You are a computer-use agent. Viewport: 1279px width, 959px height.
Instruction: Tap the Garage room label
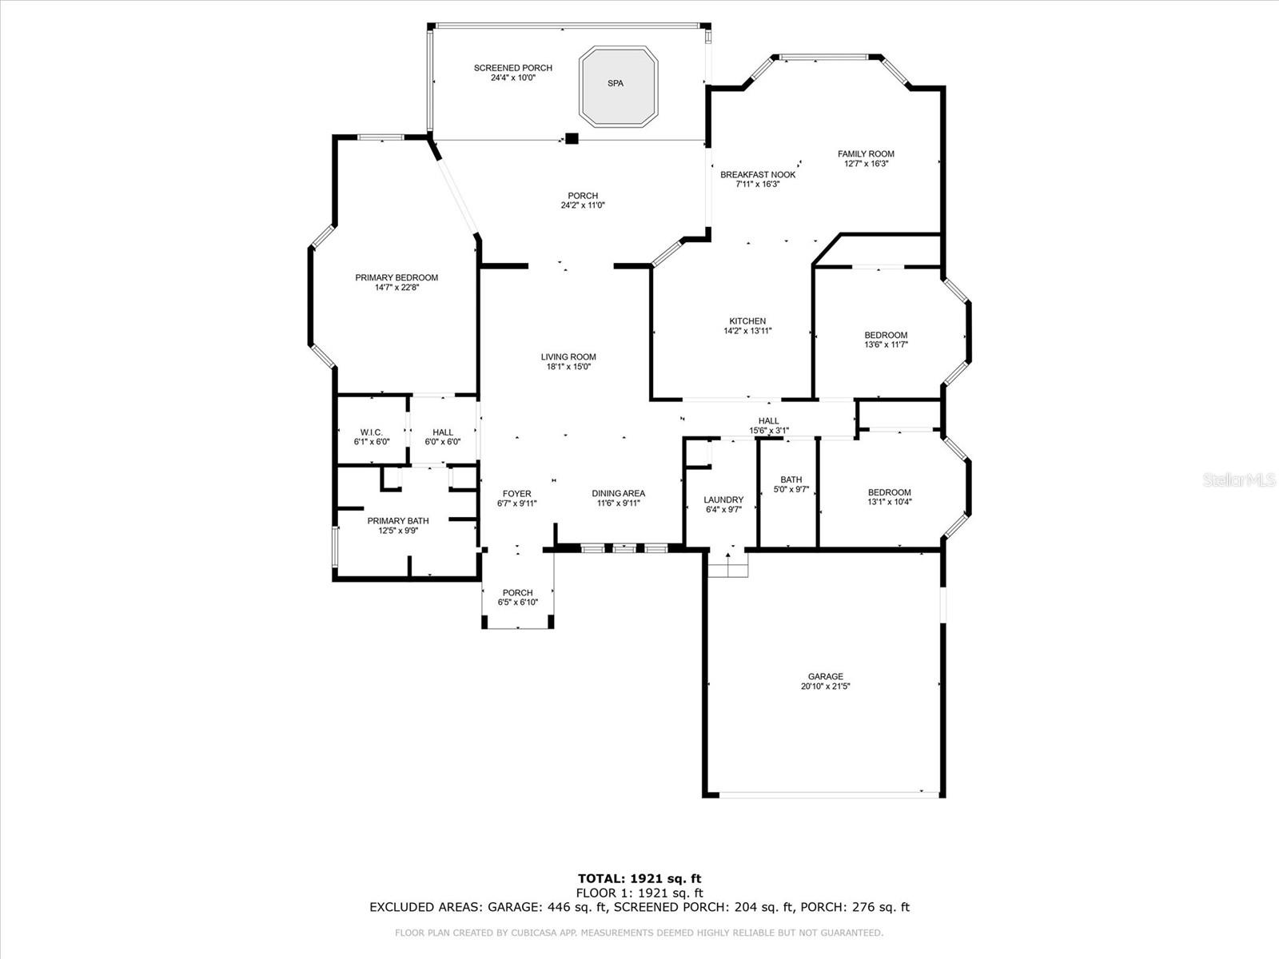coord(825,677)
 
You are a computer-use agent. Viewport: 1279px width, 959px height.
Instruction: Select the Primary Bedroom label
coord(396,278)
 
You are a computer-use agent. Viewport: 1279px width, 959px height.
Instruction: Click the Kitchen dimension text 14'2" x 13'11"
coord(747,331)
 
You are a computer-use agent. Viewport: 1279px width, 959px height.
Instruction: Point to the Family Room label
coord(866,154)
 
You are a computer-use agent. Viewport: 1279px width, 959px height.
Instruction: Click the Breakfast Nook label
coord(757,175)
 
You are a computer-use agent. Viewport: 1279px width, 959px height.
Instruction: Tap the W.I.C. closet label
coord(372,432)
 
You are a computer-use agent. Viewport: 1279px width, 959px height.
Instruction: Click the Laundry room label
coord(723,500)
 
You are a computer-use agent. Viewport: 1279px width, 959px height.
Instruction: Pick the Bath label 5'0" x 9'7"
coord(791,484)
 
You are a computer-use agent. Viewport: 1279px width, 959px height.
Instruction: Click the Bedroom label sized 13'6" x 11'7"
coord(886,340)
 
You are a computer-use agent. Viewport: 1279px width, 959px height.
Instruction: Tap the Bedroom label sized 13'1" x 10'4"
coord(889,497)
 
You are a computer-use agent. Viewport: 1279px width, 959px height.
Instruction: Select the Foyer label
coord(516,494)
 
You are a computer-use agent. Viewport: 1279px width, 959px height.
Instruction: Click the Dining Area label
coord(618,494)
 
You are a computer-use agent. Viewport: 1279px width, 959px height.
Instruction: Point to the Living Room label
coord(568,357)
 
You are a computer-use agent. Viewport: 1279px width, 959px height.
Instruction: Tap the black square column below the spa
coord(571,138)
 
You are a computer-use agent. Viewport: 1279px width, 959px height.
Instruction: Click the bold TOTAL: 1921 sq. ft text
coord(639,879)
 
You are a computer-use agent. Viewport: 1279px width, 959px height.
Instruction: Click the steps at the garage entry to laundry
coord(727,565)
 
